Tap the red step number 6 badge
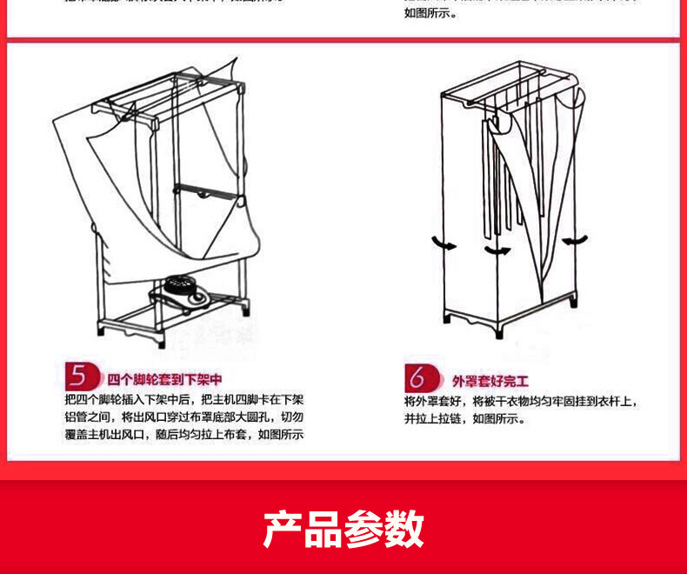pyautogui.click(x=417, y=379)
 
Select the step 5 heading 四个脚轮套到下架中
pyautogui.click(x=164, y=380)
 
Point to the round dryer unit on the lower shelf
pyautogui.click(x=180, y=290)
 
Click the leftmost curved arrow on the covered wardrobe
pyautogui.click(x=444, y=244)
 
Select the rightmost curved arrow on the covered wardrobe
pyautogui.click(x=574, y=240)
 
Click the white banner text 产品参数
pyautogui.click(x=343, y=529)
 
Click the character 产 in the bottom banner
pyautogui.click(x=283, y=529)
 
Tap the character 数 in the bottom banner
pyautogui.click(x=404, y=529)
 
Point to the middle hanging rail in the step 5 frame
pyautogui.click(x=206, y=189)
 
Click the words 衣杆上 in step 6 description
pyautogui.click(x=619, y=401)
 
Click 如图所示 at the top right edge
pyautogui.click(x=430, y=13)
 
